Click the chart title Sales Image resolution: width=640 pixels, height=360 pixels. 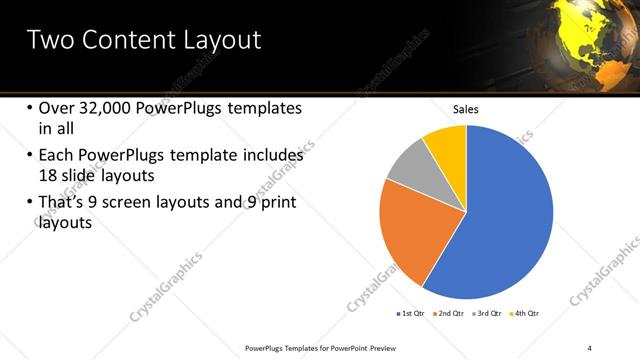(467, 109)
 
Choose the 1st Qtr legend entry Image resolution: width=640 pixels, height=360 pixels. (410, 314)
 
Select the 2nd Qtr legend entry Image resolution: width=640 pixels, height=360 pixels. (449, 314)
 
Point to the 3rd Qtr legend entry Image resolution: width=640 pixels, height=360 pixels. (487, 314)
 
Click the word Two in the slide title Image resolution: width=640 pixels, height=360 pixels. (49, 41)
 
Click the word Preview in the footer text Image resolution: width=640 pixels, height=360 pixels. (391, 347)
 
